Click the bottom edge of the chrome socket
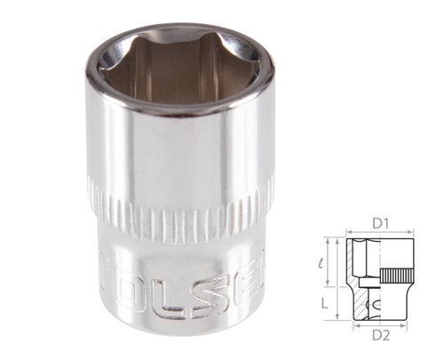(x=178, y=341)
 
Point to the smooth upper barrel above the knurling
(x=178, y=151)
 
